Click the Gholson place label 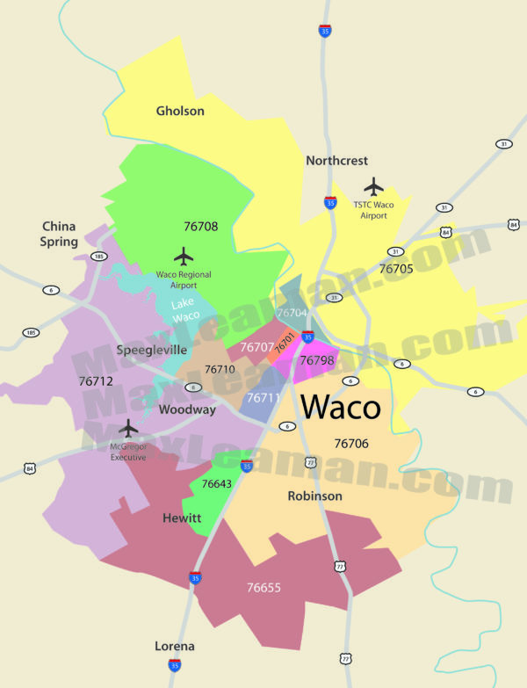pyautogui.click(x=180, y=111)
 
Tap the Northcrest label pyautogui.click(x=336, y=161)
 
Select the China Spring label pyautogui.click(x=59, y=234)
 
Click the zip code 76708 pyautogui.click(x=200, y=226)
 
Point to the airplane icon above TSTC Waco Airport pyautogui.click(x=374, y=186)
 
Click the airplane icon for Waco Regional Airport pyautogui.click(x=184, y=256)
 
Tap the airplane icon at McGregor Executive pyautogui.click(x=128, y=428)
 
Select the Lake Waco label pyautogui.click(x=185, y=310)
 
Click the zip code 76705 pyautogui.click(x=396, y=269)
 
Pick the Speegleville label pyautogui.click(x=152, y=350)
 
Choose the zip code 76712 pyautogui.click(x=96, y=381)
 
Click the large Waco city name pyautogui.click(x=341, y=408)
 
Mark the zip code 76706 pyautogui.click(x=351, y=444)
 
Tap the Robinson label pyautogui.click(x=314, y=496)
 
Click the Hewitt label pyautogui.click(x=182, y=518)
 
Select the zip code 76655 pyautogui.click(x=263, y=587)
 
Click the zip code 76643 pyautogui.click(x=216, y=484)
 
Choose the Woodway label pyautogui.click(x=187, y=409)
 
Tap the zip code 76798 pyautogui.click(x=316, y=360)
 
